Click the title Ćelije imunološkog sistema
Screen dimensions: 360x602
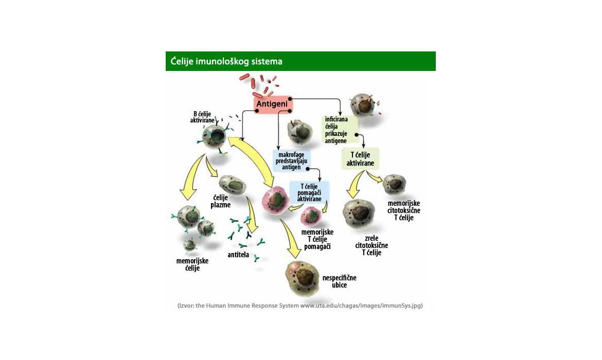pos(227,62)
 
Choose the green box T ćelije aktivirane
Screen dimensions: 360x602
pos(360,159)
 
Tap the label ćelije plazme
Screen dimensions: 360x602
pos(220,201)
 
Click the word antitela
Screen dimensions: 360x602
pos(238,255)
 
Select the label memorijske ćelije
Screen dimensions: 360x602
pos(192,264)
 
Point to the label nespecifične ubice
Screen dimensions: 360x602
pos(339,281)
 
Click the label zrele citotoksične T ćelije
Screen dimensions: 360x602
pos(371,245)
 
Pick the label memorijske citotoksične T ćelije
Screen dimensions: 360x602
pos(404,210)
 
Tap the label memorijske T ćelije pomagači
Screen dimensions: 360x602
pos(317,239)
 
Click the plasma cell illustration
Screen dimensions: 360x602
pos(233,185)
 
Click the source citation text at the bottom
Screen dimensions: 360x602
pos(300,305)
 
